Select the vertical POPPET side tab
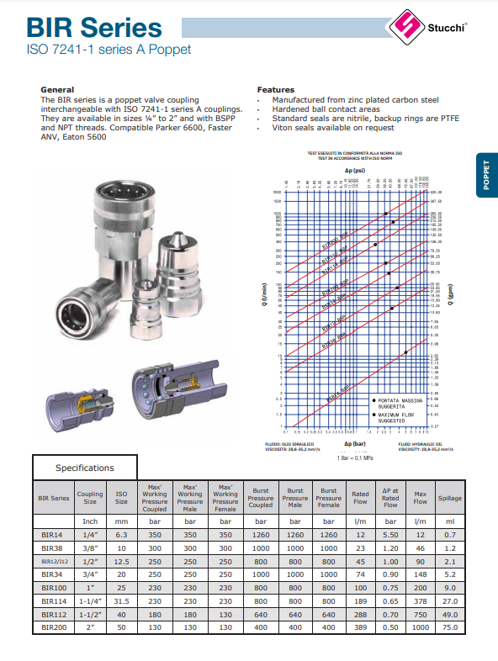click(486, 177)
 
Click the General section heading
click(57, 89)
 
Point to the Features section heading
click(275, 89)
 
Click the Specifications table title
click(84, 468)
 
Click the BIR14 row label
click(54, 535)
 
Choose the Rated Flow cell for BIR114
click(360, 600)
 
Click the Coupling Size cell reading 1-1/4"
click(90, 600)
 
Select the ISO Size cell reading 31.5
click(121, 600)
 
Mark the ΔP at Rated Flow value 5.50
click(390, 535)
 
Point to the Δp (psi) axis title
click(353, 171)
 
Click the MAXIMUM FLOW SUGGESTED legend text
click(398, 417)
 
